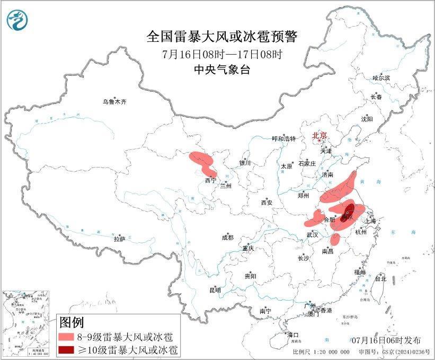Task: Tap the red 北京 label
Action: pyautogui.click(x=320, y=135)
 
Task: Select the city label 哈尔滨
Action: pyautogui.click(x=381, y=78)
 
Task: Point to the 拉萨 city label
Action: pyautogui.click(x=119, y=239)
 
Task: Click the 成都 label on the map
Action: pyautogui.click(x=227, y=238)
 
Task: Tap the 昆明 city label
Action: pyautogui.click(x=215, y=290)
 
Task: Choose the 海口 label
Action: pyautogui.click(x=292, y=335)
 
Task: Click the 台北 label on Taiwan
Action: pyautogui.click(x=380, y=278)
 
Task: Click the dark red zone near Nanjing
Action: pyautogui.click(x=348, y=210)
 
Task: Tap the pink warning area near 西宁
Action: pyautogui.click(x=202, y=162)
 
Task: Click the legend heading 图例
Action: pyautogui.click(x=72, y=322)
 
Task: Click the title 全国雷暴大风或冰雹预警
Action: pyautogui.click(x=222, y=37)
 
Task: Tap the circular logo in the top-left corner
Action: pyautogui.click(x=17, y=20)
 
